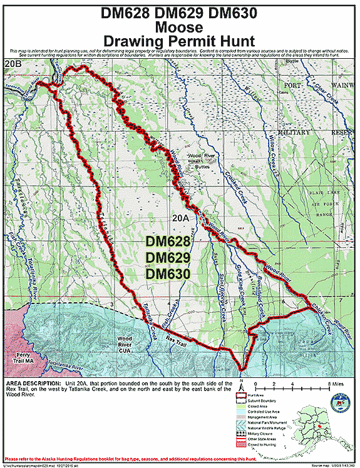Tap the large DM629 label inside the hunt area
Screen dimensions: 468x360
[x=168, y=258]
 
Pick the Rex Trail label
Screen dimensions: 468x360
[x=177, y=340]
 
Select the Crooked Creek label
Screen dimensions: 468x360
[x=236, y=185]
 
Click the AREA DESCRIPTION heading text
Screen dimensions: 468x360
[x=33, y=382]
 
